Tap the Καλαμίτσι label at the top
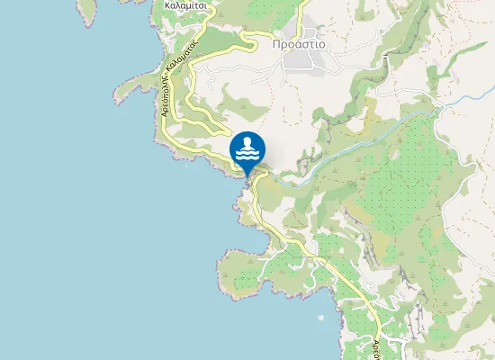pyautogui.click(x=187, y=4)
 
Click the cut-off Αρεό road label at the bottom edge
pyautogui.click(x=379, y=346)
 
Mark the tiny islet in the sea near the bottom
pyautogui.click(x=322, y=317)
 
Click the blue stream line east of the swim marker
pyautogui.click(x=360, y=144)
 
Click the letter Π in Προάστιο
pyautogui.click(x=275, y=42)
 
